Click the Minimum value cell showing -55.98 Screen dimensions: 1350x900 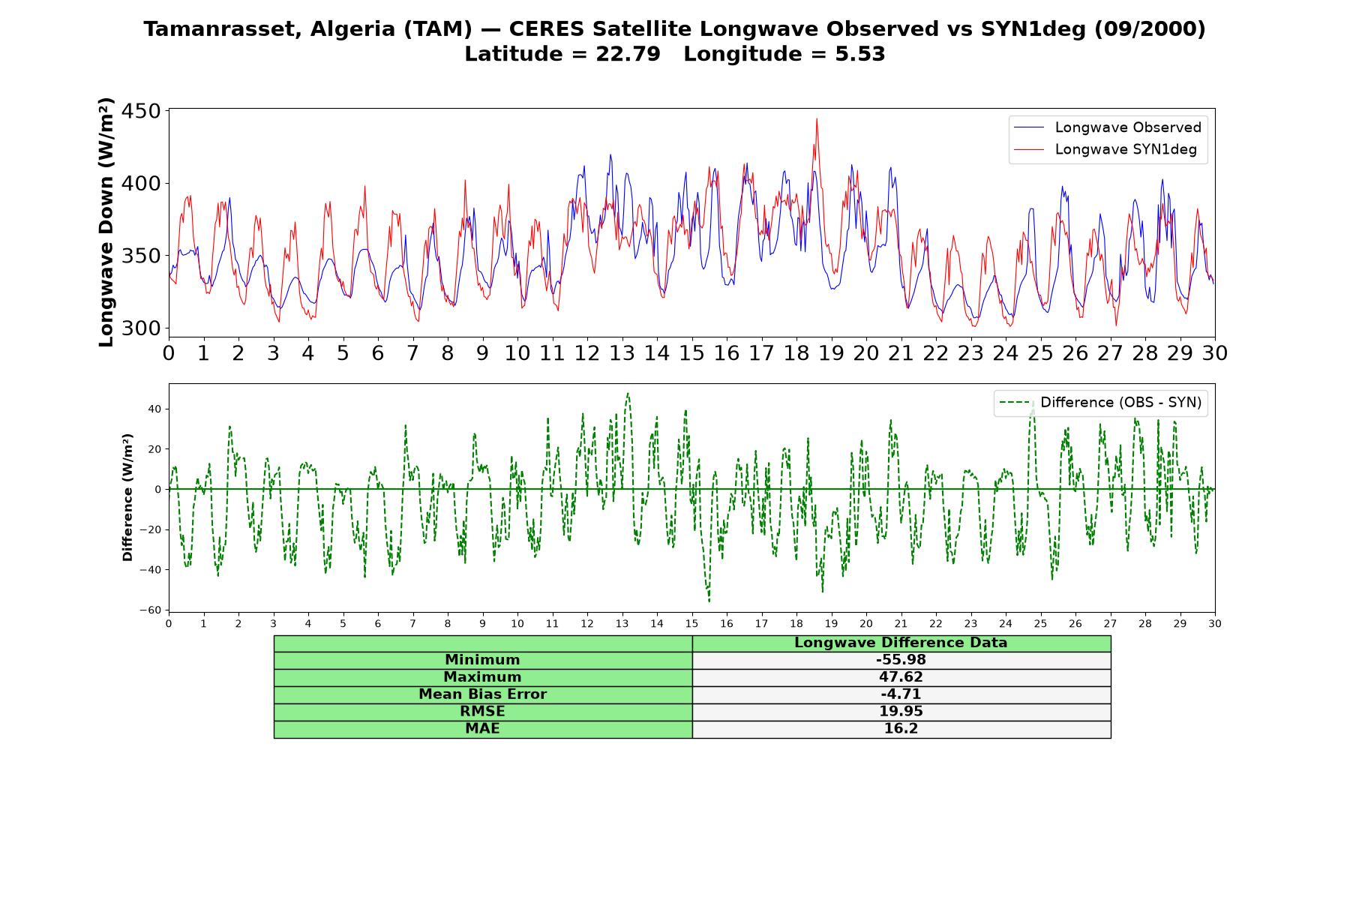(x=901, y=660)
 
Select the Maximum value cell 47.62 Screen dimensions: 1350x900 (x=901, y=677)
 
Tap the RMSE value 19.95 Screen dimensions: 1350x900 (x=901, y=712)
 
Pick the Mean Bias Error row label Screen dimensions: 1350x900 (x=482, y=694)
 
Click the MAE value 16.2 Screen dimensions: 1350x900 (x=901, y=729)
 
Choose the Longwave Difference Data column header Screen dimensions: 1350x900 (x=901, y=643)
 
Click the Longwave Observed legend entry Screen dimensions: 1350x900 (x=1108, y=127)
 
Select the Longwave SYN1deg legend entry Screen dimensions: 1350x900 (x=1105, y=149)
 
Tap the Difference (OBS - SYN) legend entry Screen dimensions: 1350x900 (x=1100, y=403)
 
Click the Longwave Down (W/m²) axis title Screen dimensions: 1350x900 (x=106, y=222)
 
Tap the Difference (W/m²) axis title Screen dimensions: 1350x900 (x=127, y=497)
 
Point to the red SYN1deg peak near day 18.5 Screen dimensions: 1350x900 (x=817, y=118)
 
